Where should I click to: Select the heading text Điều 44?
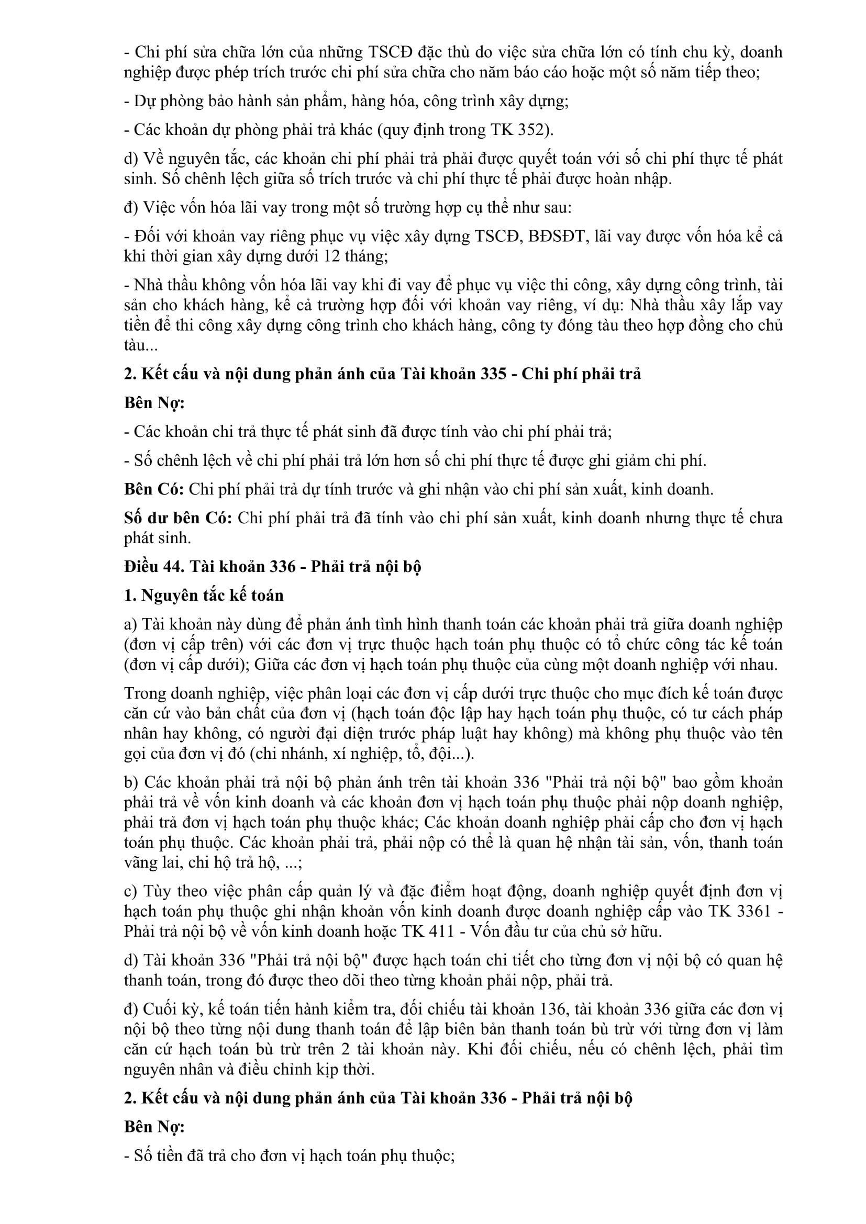pos(154,567)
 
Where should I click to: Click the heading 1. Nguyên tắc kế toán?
pos(204,596)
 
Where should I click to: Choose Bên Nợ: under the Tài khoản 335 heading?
pos(154,403)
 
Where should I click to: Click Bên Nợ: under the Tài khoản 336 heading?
pos(154,1127)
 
